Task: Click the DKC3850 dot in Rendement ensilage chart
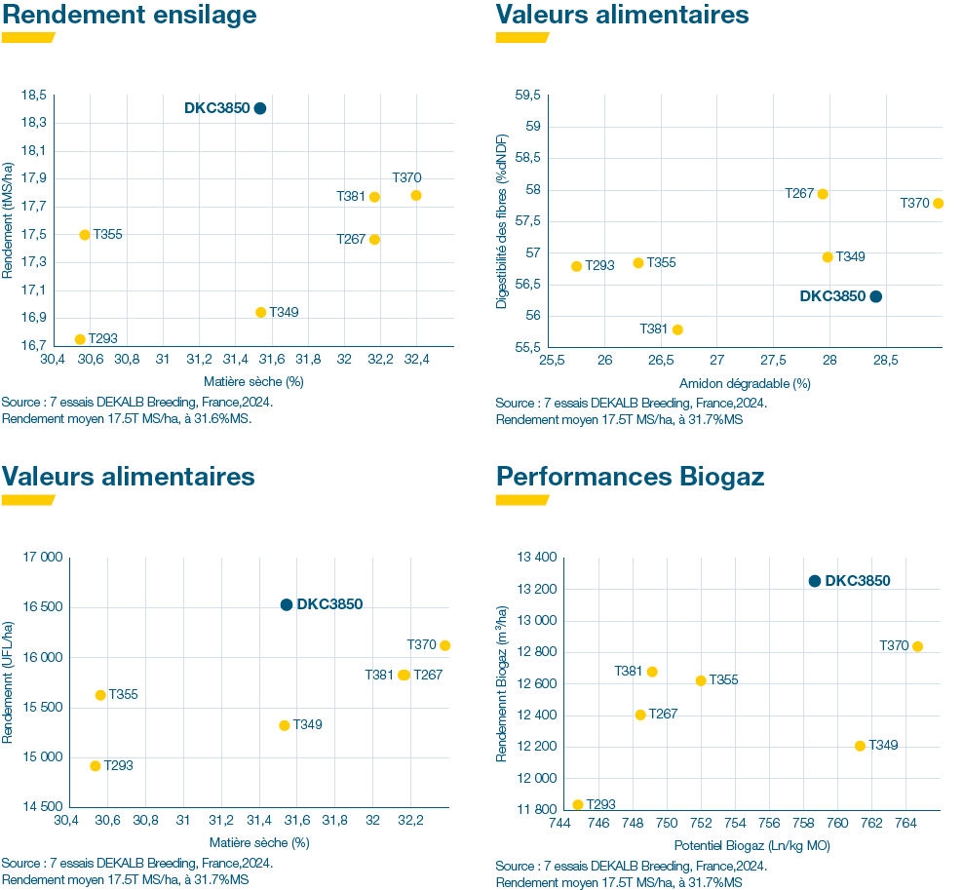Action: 260,108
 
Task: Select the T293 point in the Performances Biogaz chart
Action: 578,805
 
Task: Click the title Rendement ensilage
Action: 130,16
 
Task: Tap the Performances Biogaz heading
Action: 630,477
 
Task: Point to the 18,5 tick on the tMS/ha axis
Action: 33,95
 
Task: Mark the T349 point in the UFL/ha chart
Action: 285,725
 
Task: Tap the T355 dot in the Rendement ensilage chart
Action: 85,235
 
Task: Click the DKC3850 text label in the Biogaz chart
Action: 858,581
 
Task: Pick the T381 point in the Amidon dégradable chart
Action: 677,329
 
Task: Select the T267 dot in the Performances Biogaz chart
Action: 640,715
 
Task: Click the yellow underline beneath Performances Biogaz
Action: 521,500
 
